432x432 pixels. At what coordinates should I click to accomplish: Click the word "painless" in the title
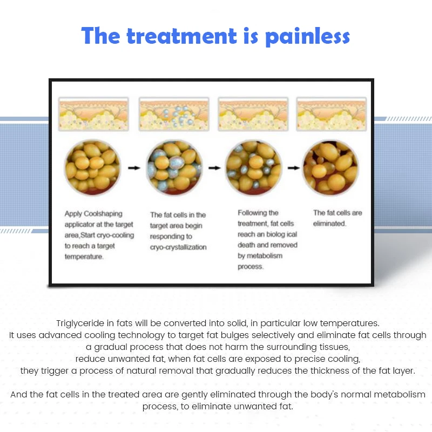[307, 36]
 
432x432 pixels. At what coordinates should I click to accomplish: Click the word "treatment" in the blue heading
[182, 36]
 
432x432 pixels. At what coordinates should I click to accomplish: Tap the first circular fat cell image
[92, 167]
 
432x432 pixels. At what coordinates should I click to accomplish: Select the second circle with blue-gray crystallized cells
[174, 167]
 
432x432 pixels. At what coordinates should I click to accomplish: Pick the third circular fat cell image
[253, 167]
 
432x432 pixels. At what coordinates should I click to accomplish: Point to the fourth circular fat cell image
[330, 167]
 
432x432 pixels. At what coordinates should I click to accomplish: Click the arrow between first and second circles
[134, 168]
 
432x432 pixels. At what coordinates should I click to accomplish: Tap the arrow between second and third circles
[214, 168]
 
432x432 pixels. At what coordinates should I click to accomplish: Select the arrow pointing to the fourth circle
[294, 168]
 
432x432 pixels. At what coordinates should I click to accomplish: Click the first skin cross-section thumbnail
[93, 114]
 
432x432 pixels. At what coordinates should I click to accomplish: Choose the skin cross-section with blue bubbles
[174, 114]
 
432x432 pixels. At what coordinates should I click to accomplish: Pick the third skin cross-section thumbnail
[253, 114]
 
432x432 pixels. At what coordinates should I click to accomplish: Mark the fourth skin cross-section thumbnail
[332, 114]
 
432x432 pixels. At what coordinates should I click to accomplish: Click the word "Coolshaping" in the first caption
[103, 214]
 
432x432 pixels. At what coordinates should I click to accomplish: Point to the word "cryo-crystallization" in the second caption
[178, 247]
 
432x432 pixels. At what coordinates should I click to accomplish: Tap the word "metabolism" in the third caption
[265, 255]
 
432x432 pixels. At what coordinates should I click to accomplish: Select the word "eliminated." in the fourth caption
[329, 224]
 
